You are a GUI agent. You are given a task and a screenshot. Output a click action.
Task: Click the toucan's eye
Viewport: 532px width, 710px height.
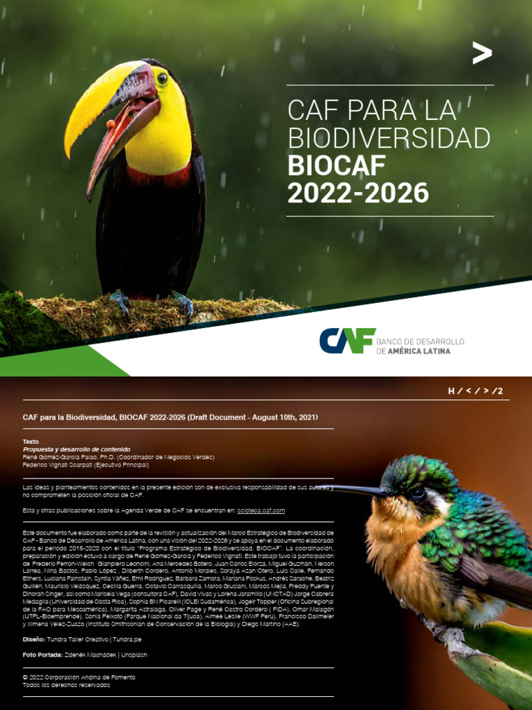(x=162, y=78)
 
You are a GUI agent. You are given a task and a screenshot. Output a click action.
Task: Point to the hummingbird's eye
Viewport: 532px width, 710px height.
(x=418, y=494)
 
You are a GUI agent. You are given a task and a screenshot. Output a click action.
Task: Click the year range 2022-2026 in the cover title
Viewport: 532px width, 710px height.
(x=357, y=193)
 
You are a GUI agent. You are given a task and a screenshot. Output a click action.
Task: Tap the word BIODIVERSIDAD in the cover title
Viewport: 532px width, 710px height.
(x=389, y=139)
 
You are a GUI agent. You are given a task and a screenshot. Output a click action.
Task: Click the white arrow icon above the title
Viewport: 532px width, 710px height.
(x=481, y=53)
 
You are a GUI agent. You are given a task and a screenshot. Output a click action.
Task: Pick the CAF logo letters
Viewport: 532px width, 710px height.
(x=347, y=340)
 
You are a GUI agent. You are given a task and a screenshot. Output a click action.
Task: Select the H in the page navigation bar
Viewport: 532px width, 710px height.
(x=451, y=391)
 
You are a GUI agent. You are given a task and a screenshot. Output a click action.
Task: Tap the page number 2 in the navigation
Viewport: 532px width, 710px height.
(x=500, y=391)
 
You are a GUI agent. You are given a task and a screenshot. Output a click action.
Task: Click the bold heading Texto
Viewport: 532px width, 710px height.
(x=30, y=442)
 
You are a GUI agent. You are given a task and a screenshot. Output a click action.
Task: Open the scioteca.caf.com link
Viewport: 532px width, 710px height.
(x=260, y=510)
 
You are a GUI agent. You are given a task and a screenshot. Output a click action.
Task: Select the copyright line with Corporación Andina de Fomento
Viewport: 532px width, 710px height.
(x=79, y=677)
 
